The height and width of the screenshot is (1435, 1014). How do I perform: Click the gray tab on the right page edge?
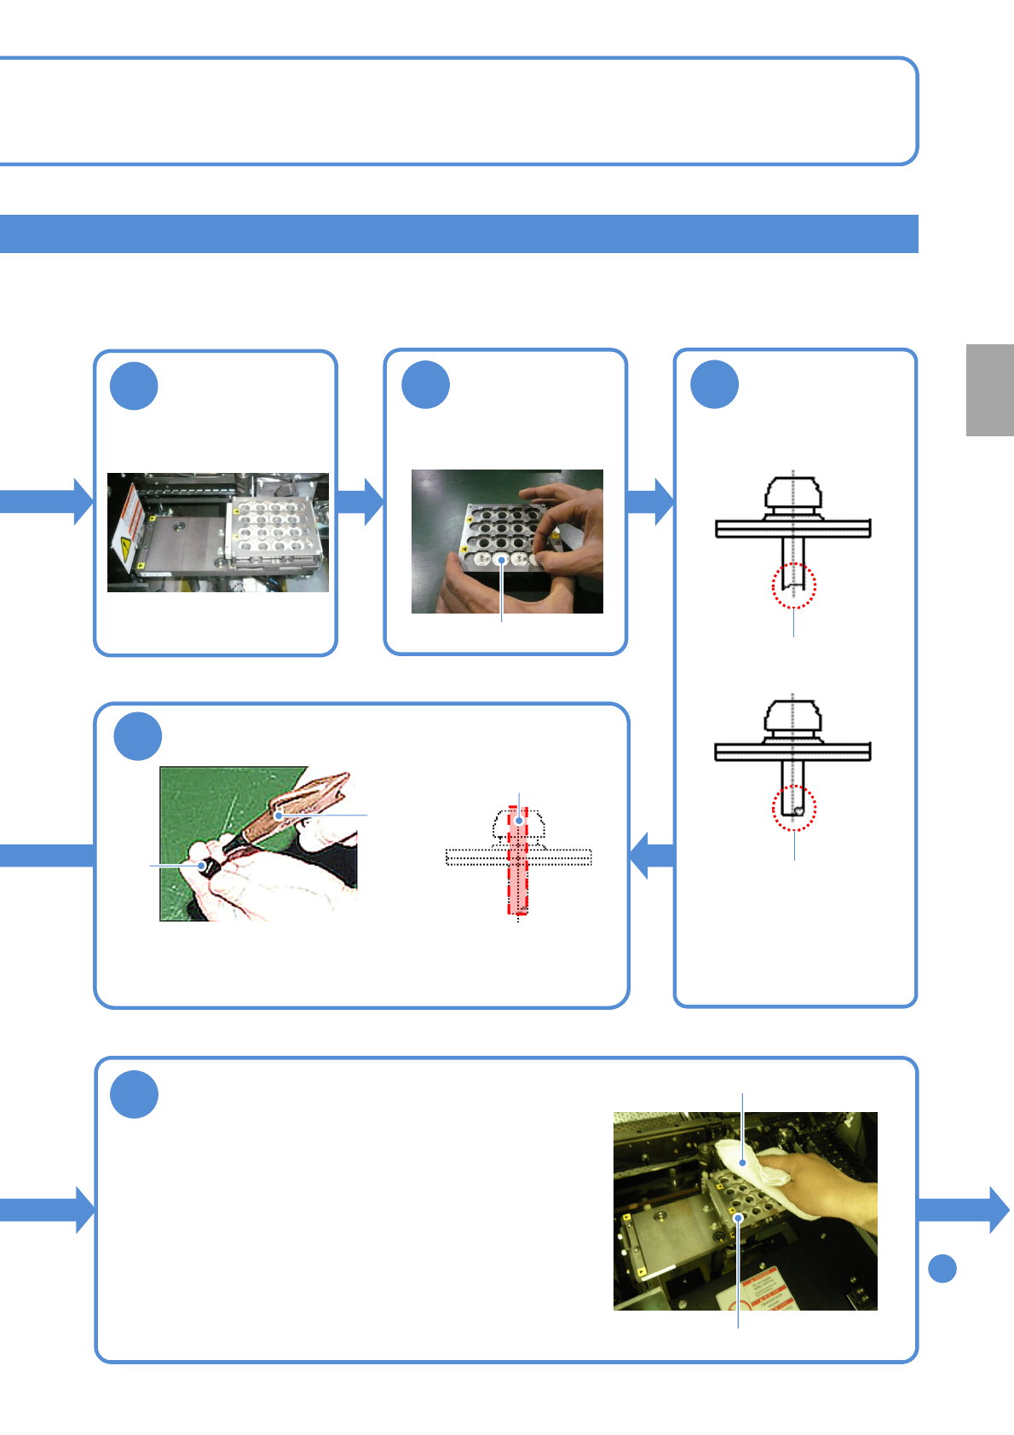click(989, 390)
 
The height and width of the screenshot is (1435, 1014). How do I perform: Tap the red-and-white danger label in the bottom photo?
click(763, 1291)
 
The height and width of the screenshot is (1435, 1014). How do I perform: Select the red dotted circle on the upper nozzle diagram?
click(793, 585)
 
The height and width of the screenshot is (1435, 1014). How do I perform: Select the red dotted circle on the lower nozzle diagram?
click(794, 808)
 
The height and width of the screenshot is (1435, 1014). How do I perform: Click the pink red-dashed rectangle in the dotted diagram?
click(518, 861)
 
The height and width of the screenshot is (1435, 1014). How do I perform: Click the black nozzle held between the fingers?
click(208, 866)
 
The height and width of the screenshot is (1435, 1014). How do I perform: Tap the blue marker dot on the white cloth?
click(743, 1162)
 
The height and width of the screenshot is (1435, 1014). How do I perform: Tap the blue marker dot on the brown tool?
click(279, 815)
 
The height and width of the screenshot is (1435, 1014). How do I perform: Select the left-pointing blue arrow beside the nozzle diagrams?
click(651, 855)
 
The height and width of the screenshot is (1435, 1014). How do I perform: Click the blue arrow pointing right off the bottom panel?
click(964, 1209)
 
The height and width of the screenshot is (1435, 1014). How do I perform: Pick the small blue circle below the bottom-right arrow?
click(942, 1269)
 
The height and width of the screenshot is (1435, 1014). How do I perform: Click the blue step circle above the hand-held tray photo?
click(425, 385)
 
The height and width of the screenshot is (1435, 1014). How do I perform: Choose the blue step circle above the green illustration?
click(138, 736)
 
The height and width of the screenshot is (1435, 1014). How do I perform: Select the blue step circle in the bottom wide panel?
click(135, 1094)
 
